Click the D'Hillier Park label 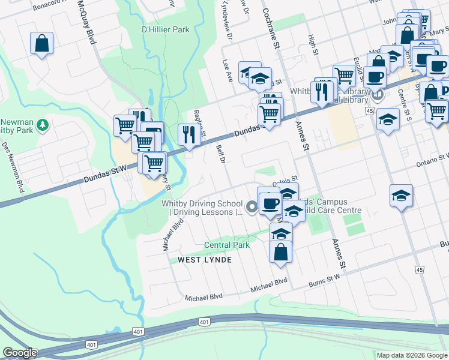pos(165,29)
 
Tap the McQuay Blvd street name pos(87,23)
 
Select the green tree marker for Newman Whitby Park pos(43,125)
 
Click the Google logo pos(20,353)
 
